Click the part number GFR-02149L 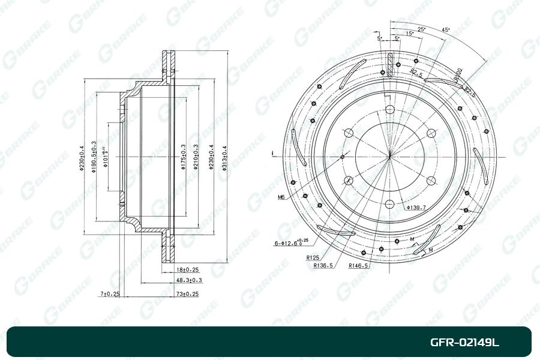click(x=464, y=343)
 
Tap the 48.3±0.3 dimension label click(x=189, y=280)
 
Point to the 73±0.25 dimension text click(x=187, y=293)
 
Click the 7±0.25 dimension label click(x=110, y=293)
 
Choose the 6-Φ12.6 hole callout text click(x=291, y=243)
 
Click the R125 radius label click(x=313, y=257)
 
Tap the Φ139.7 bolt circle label click(x=415, y=208)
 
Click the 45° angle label click(x=445, y=29)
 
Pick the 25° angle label click(x=421, y=29)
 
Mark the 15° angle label click(x=409, y=34)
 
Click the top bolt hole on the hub click(x=389, y=109)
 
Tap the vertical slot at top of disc click(x=389, y=65)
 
